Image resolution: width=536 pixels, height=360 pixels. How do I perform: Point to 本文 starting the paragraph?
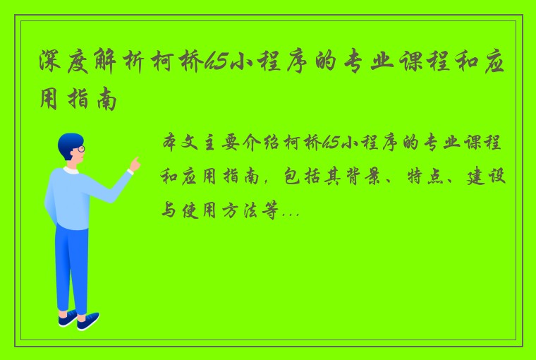click(x=182, y=144)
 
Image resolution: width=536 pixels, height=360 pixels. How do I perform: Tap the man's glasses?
click(x=80, y=150)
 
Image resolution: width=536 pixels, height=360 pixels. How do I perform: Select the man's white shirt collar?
click(x=71, y=170)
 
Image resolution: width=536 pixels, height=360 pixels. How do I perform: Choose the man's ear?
click(x=70, y=153)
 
